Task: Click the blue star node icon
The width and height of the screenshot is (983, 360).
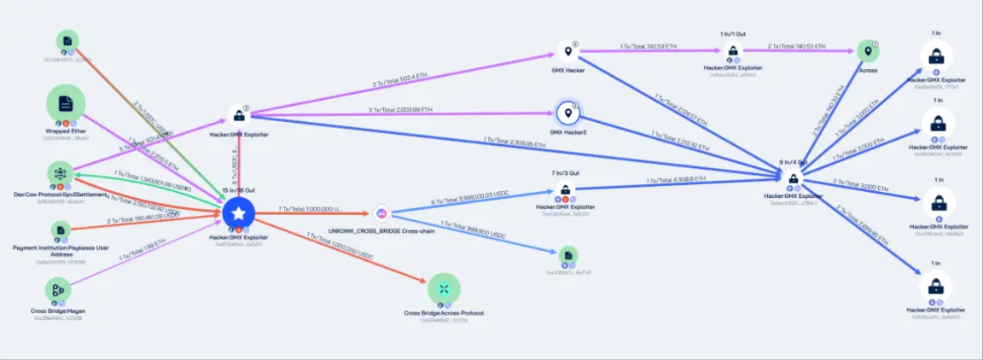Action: point(239,212)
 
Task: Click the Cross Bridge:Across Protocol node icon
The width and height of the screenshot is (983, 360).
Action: point(444,289)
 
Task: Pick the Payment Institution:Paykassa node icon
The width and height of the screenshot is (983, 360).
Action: point(60,230)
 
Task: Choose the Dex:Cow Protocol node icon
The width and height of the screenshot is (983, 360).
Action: point(60,173)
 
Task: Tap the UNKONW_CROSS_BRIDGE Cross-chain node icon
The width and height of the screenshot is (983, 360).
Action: point(381,213)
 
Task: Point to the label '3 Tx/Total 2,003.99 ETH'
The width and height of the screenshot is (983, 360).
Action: point(401,110)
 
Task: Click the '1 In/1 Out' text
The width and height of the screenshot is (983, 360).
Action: point(731,34)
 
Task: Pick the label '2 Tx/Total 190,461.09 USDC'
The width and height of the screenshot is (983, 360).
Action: point(143,219)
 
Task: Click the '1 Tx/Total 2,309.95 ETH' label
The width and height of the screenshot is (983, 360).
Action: point(520,140)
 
